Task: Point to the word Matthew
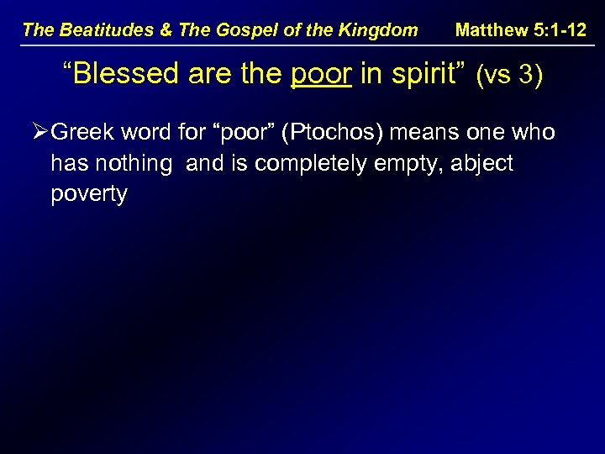pyautogui.click(x=492, y=30)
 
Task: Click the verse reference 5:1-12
pyautogui.click(x=560, y=30)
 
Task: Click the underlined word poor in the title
pyautogui.click(x=320, y=74)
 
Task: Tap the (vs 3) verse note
pyautogui.click(x=508, y=76)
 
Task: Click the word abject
pyautogui.click(x=482, y=163)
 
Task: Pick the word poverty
pyautogui.click(x=89, y=194)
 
